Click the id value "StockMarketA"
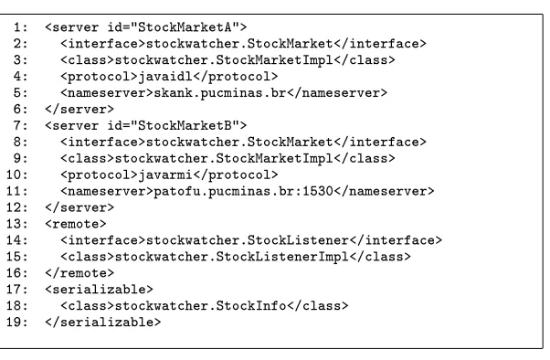185,27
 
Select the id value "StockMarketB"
185,125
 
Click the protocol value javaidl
165,77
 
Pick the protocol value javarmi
165,175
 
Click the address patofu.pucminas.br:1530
243,191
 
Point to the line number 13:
16,224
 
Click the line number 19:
16,323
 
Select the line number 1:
20,27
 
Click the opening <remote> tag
76,224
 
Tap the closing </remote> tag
79,273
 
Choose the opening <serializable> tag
99,290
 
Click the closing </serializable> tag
102,323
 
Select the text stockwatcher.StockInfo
201,305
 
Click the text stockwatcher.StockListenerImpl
232,257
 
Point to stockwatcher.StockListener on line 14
248,240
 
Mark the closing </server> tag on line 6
79,109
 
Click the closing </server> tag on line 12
79,207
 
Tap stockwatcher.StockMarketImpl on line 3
224,60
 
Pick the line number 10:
16,175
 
